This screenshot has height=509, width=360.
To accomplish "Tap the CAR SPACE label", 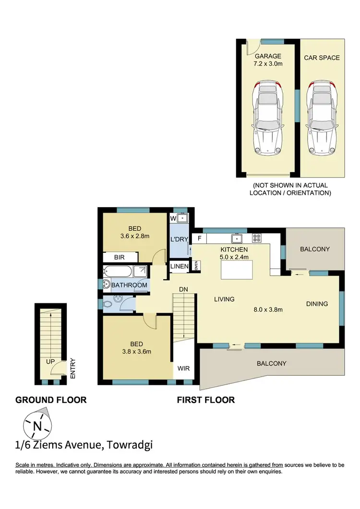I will click(322, 58).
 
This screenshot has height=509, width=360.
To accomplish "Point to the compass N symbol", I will click(37, 425).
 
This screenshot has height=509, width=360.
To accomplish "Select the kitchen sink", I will click(236, 238).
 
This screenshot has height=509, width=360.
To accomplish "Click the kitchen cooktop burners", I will click(256, 238).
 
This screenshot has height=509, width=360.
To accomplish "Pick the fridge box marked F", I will click(199, 238).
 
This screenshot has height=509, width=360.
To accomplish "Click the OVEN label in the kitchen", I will click(196, 266).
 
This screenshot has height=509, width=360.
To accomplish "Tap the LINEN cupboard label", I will click(179, 266).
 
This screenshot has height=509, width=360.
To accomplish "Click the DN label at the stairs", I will click(183, 289).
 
